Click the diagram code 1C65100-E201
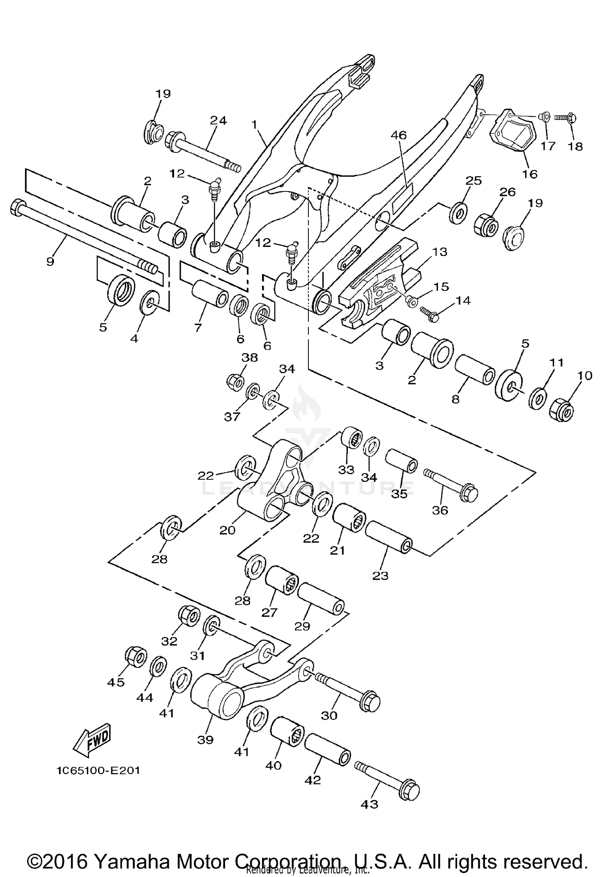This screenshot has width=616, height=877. pyautogui.click(x=98, y=770)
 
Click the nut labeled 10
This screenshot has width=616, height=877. pyautogui.click(x=561, y=409)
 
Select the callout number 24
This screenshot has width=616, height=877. pyautogui.click(x=218, y=120)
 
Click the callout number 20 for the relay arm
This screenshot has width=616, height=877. pyautogui.click(x=227, y=530)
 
